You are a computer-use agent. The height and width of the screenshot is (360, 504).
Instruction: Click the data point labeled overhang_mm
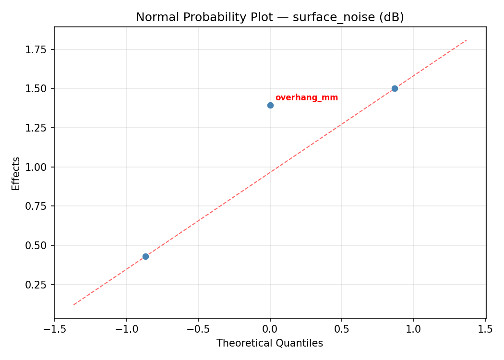point(270,105)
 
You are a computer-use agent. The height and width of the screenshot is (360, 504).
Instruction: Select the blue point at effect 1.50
point(395,88)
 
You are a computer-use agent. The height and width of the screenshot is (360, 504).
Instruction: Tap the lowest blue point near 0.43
point(145,256)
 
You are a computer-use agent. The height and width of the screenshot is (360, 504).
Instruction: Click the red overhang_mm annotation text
point(307,98)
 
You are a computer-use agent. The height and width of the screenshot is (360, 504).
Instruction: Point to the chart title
point(270,17)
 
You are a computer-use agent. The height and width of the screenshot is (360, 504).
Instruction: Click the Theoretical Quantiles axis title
point(270,343)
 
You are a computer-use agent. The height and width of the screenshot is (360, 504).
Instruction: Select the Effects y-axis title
point(16,173)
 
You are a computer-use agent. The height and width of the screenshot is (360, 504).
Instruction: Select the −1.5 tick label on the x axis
point(54,329)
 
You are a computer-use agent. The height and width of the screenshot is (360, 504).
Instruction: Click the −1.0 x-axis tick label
point(126,329)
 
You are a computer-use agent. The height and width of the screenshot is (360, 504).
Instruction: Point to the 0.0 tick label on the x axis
point(270,329)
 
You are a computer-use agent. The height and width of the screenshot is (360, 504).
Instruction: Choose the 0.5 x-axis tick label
point(342,329)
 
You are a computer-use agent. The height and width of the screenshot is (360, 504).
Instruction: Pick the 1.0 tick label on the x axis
point(413,329)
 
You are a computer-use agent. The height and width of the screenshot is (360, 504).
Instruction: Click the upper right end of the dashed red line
point(466,40)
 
